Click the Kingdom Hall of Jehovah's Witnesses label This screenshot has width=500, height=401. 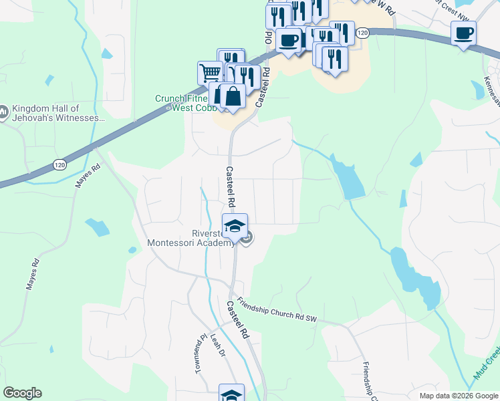[58, 113]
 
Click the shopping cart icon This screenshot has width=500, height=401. [209, 72]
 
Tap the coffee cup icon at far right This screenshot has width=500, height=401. [463, 33]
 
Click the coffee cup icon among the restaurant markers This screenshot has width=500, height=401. [288, 40]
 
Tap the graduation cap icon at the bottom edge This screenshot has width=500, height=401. [232, 394]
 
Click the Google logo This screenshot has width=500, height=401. [22, 392]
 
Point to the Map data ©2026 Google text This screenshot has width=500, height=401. [458, 396]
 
